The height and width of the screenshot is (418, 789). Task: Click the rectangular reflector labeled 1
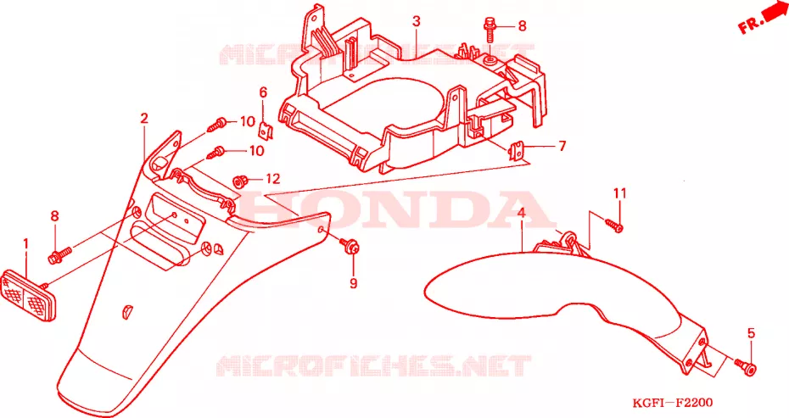[x=30, y=295]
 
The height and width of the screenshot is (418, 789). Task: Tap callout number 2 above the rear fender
[x=144, y=118]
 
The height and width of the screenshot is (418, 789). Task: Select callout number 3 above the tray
[x=417, y=22]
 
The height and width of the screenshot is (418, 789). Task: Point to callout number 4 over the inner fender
[x=521, y=213]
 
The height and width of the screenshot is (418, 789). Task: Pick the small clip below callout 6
[x=266, y=131]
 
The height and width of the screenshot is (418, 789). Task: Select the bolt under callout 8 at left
[x=59, y=255]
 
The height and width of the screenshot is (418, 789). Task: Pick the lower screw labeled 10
[x=218, y=153]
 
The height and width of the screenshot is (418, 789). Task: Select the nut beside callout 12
[x=239, y=180]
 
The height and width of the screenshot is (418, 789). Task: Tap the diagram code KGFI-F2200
[x=674, y=403]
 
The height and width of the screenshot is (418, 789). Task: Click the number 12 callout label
[x=272, y=179]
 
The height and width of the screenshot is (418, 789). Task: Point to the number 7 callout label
[x=562, y=146]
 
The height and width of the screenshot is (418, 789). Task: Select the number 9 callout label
[x=354, y=283]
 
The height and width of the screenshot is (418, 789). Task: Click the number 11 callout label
[x=619, y=193]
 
